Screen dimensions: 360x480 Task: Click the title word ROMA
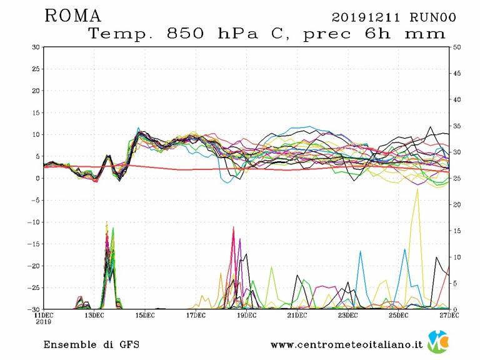tap(72, 16)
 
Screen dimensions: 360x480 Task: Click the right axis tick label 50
tap(456, 47)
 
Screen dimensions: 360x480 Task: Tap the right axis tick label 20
tap(456, 205)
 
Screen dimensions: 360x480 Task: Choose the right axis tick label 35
tap(456, 126)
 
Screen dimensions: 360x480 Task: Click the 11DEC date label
tap(43, 315)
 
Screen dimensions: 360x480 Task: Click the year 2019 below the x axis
tap(43, 322)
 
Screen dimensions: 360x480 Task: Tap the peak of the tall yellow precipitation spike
tap(417, 189)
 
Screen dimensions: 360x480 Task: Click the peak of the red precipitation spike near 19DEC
tap(233, 227)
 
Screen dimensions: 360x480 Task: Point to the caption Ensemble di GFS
tap(91, 344)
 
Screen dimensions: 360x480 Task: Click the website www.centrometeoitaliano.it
tap(347, 344)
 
